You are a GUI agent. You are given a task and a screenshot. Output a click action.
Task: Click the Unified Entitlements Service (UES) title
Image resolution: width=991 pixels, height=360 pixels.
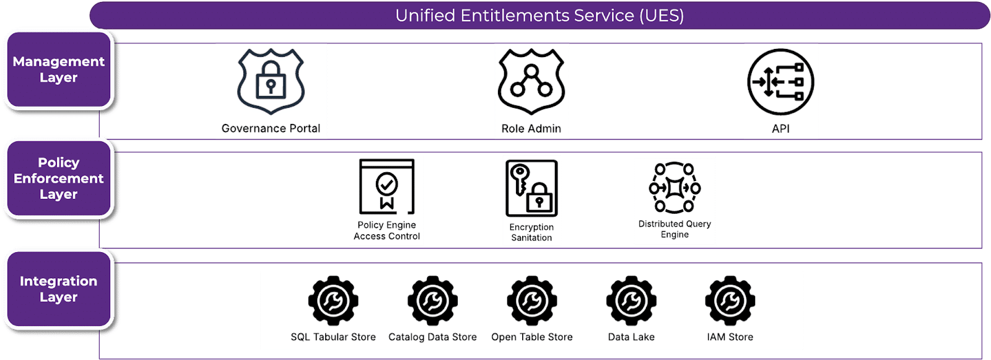(539, 15)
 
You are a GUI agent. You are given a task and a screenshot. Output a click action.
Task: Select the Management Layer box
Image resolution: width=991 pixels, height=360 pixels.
(59, 69)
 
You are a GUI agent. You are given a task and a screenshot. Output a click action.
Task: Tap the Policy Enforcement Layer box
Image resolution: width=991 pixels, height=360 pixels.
(59, 178)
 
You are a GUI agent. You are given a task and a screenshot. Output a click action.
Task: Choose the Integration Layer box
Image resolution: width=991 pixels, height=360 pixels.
(59, 289)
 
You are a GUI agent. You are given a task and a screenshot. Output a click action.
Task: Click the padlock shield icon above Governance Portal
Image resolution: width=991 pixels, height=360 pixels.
(271, 82)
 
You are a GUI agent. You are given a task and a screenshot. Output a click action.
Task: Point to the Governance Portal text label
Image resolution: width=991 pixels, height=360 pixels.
(271, 128)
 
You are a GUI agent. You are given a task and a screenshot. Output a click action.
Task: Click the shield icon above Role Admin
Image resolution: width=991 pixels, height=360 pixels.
(531, 82)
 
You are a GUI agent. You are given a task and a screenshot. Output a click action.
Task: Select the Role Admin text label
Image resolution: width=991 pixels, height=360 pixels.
(531, 128)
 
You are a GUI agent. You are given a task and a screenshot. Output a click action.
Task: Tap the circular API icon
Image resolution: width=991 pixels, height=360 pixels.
(780, 82)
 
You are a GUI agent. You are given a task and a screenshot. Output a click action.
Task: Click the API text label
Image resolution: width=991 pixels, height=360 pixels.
(780, 128)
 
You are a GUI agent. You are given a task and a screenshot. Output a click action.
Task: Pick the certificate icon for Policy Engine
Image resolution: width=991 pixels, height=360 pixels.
(386, 187)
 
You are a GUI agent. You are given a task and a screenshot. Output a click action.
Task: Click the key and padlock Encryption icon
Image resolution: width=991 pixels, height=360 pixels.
(531, 188)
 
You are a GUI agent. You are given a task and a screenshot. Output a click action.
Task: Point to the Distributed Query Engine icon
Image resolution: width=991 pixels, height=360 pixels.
(674, 187)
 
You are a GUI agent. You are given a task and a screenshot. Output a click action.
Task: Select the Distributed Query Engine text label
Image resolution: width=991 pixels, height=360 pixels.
(674, 229)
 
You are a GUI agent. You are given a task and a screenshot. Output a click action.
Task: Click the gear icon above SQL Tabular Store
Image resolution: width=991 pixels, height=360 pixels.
(333, 301)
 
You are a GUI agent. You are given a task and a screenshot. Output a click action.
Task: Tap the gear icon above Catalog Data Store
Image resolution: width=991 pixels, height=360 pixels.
(432, 301)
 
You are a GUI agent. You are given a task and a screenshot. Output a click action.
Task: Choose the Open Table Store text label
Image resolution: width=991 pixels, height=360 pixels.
(531, 337)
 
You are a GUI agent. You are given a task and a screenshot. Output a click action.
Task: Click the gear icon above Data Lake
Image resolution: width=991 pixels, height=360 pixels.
(631, 301)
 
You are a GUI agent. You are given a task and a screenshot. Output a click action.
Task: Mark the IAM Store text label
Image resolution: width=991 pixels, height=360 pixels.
(730, 337)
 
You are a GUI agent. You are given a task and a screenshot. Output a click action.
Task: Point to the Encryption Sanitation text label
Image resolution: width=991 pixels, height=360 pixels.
(531, 232)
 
